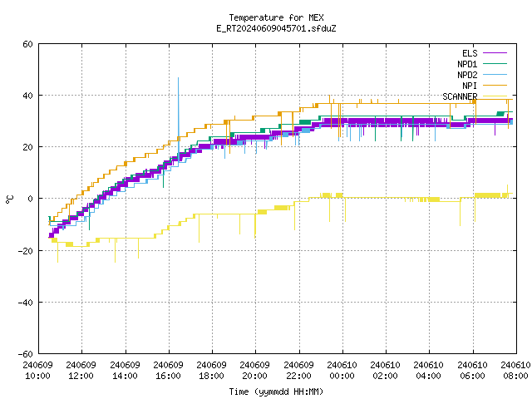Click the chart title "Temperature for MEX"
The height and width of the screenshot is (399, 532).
pyautogui.click(x=276, y=17)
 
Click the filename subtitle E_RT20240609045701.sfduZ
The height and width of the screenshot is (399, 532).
pyautogui.click(x=276, y=28)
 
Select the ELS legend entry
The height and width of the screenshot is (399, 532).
pyautogui.click(x=485, y=53)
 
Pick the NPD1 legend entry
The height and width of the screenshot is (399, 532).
pyautogui.click(x=482, y=64)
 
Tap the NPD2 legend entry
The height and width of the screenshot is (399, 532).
pyautogui.click(x=482, y=75)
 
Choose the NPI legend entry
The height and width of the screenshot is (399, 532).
pyautogui.click(x=485, y=86)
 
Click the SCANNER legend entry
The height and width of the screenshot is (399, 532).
pyautogui.click(x=475, y=96)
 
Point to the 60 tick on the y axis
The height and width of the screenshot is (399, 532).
pyautogui.click(x=27, y=44)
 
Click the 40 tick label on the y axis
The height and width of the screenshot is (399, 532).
pyautogui.click(x=27, y=96)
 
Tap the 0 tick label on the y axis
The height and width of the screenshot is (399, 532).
pyautogui.click(x=31, y=199)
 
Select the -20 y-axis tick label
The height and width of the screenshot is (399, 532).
pyautogui.click(x=26, y=251)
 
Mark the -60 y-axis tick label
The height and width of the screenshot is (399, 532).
pyautogui.click(x=26, y=354)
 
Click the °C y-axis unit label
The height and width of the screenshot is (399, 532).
pyautogui.click(x=9, y=199)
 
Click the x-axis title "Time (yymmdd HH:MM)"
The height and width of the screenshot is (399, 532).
pyautogui.click(x=276, y=392)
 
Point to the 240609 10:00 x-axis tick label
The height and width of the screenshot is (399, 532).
pyautogui.click(x=38, y=371)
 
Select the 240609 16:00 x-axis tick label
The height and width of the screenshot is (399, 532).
pyautogui.click(x=168, y=371)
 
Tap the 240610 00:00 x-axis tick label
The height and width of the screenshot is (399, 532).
pyautogui.click(x=342, y=371)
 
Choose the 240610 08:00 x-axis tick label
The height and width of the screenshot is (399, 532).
pyautogui.click(x=515, y=371)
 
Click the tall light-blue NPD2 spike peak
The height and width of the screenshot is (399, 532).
pyautogui.click(x=178, y=78)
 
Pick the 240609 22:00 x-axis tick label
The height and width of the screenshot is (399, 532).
pyautogui.click(x=298, y=371)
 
